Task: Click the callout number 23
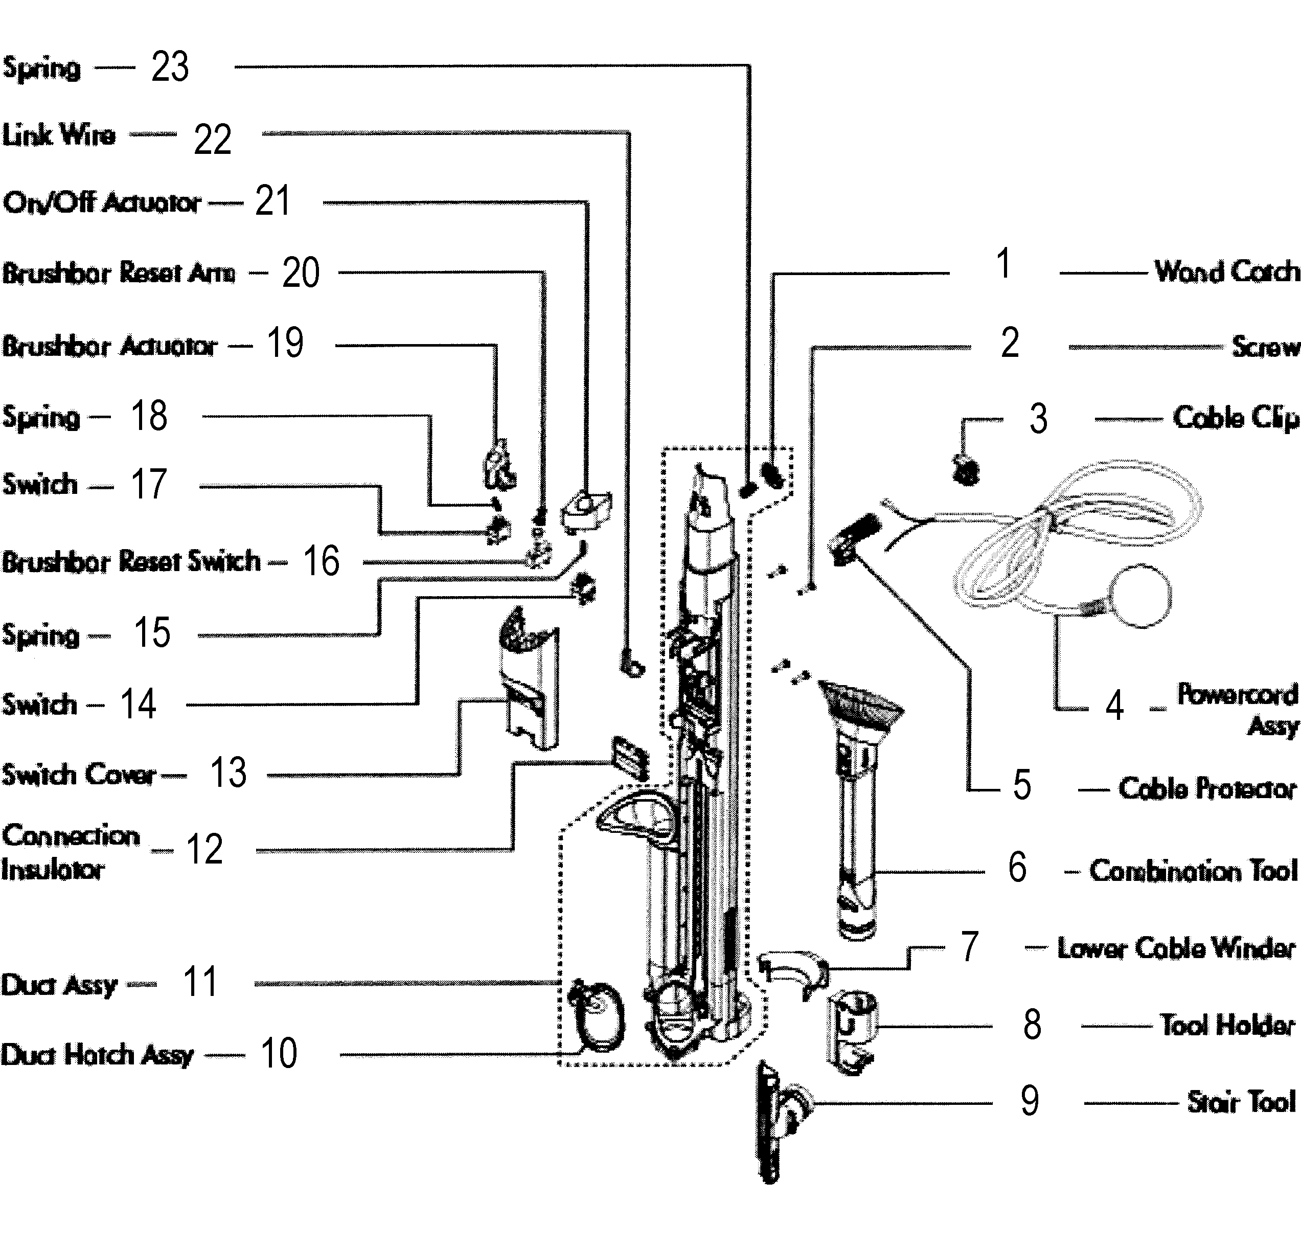pos(170,67)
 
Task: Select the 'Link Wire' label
pos(58,135)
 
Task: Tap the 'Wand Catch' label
pos(1225,271)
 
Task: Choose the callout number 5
pos(1021,785)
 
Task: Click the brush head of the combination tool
pos(861,707)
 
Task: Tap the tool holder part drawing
pos(852,1031)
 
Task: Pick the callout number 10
pos(279,1054)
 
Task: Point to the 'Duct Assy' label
pos(58,985)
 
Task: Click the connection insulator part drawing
pos(629,757)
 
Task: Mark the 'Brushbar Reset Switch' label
pos(131,561)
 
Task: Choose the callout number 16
pos(321,561)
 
